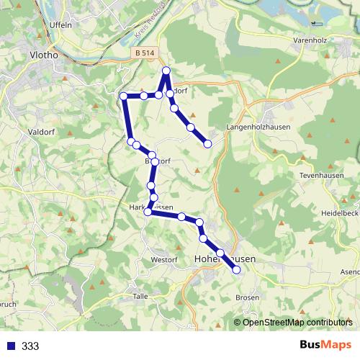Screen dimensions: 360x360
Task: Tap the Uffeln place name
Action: pyautogui.click(x=62, y=24)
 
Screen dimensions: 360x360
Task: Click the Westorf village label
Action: pyautogui.click(x=164, y=259)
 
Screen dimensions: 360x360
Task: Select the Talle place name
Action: pyautogui.click(x=140, y=296)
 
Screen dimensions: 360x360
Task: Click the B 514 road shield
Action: pyautogui.click(x=143, y=53)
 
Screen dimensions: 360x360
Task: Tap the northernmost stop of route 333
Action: pyautogui.click(x=166, y=70)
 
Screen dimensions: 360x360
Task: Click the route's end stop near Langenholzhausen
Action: pyautogui.click(x=208, y=144)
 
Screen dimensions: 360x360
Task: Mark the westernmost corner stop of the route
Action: pyautogui.click(x=123, y=96)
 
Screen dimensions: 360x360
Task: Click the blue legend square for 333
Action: pyautogui.click(x=9, y=346)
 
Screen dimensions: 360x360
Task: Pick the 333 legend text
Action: pyautogui.click(x=30, y=346)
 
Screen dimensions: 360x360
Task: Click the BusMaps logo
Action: pyautogui.click(x=324, y=346)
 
